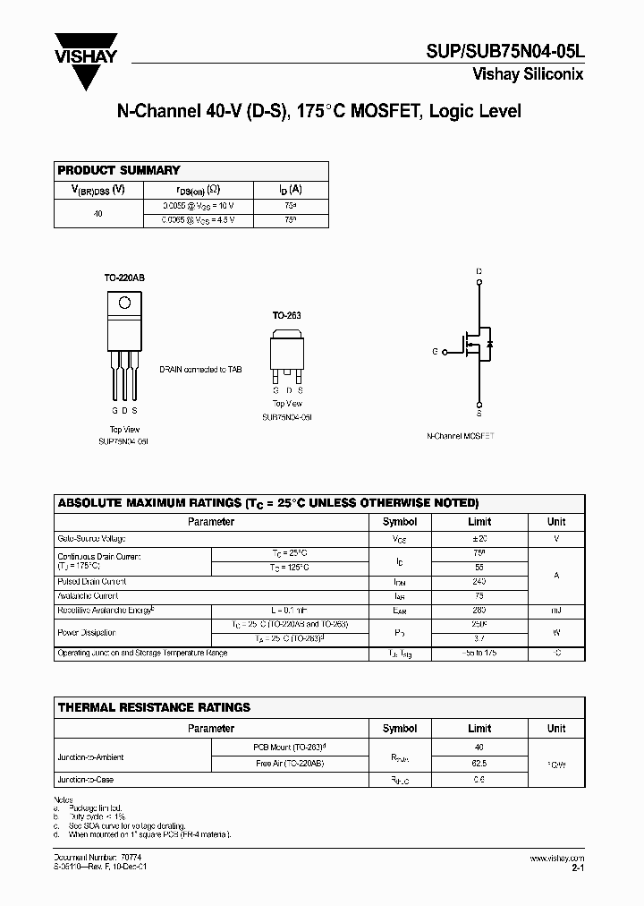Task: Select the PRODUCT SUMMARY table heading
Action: click(x=119, y=170)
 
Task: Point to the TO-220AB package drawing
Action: click(x=123, y=345)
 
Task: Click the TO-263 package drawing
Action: click(x=288, y=356)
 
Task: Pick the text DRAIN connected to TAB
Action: click(x=200, y=369)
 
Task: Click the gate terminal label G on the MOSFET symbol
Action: click(x=435, y=352)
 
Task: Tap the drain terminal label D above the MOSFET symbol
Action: click(x=479, y=271)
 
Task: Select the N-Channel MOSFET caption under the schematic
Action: click(x=461, y=436)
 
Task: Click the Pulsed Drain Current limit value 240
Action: click(x=479, y=582)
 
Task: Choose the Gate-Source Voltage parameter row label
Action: click(x=91, y=539)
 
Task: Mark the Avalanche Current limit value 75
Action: click(x=479, y=595)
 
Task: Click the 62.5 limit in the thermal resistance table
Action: click(x=479, y=765)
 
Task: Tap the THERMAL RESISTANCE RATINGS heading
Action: click(x=154, y=707)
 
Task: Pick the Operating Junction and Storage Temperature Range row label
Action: click(x=142, y=654)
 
